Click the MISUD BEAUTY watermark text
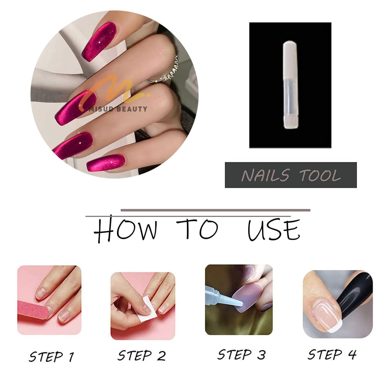pos(118,109)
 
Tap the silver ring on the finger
pos(165,71)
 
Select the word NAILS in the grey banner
pos(265,175)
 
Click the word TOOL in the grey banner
pos(320,175)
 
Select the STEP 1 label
pos(52,357)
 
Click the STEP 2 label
pos(142,355)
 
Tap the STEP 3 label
pos(241,354)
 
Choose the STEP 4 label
pos(332,354)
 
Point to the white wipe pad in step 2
pos(147,309)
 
